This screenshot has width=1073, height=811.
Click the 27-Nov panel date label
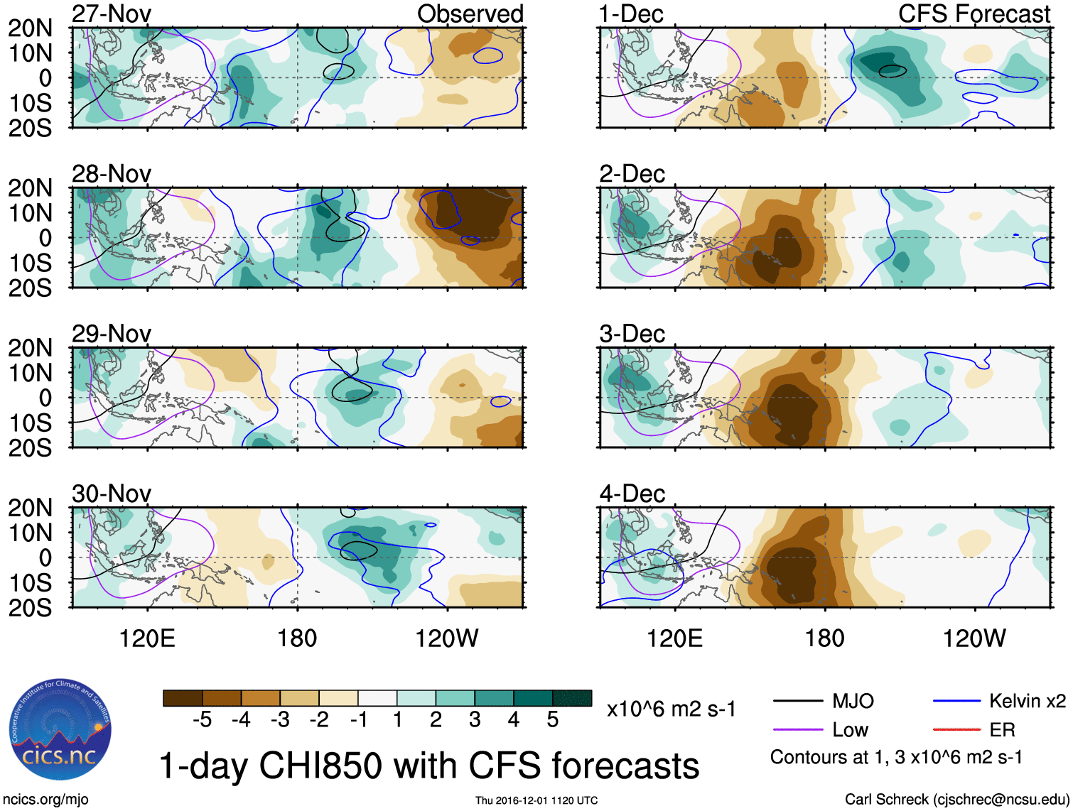[x=112, y=13]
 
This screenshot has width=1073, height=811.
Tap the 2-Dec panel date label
[x=632, y=174]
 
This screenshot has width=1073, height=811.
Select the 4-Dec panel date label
[x=632, y=494]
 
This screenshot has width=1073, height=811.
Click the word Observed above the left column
[x=470, y=13]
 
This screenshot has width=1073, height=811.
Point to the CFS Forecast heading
[x=974, y=13]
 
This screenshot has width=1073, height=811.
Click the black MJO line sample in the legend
[x=797, y=702]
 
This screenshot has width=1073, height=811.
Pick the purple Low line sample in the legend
[x=797, y=729]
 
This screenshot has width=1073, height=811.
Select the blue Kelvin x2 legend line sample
[x=956, y=702]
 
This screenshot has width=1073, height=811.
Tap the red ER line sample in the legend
[x=956, y=729]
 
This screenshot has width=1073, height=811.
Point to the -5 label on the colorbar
[x=202, y=720]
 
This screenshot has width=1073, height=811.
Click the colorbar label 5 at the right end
[x=552, y=720]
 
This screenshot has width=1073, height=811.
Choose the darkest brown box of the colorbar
[x=183, y=698]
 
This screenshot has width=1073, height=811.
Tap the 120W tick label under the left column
[x=446, y=638]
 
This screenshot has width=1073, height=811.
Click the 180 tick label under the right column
[x=824, y=638]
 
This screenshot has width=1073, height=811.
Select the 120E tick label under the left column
[x=147, y=638]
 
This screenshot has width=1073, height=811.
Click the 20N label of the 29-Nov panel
[x=30, y=348]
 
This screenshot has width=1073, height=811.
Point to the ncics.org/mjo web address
[x=45, y=800]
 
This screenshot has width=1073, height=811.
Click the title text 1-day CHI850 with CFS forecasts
[x=428, y=766]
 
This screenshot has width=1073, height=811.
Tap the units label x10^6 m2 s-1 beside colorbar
[x=671, y=709]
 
